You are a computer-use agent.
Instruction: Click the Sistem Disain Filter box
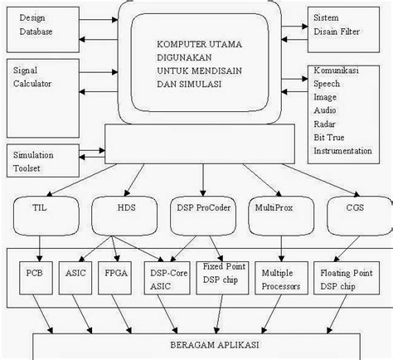[x=347, y=25]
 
